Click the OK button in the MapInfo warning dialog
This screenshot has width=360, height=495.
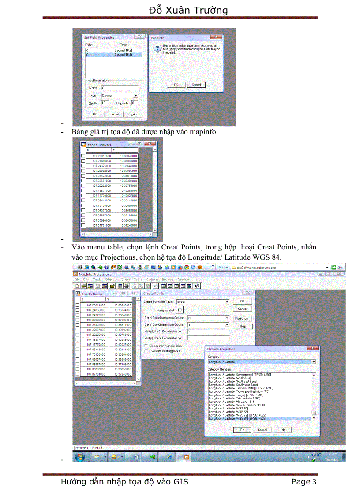tap(176, 85)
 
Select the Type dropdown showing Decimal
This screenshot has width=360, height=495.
tap(119, 95)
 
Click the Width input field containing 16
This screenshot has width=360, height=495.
tap(105, 103)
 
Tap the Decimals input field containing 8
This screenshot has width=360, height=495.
tap(135, 103)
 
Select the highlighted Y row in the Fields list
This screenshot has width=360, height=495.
tap(113, 55)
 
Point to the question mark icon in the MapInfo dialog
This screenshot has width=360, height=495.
tap(156, 49)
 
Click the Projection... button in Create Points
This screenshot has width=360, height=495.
tap(243, 318)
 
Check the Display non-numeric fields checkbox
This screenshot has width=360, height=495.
tap(146, 346)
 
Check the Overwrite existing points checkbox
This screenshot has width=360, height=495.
tap(146, 351)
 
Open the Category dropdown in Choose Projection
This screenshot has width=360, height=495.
tap(314, 361)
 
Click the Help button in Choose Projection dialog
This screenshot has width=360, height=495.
tap(282, 430)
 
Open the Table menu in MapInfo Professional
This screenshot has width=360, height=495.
tap(138, 279)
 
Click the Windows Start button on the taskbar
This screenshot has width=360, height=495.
tap(80, 457)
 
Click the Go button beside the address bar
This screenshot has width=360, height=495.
tap(337, 267)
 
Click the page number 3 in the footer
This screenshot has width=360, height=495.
tap(314, 482)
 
